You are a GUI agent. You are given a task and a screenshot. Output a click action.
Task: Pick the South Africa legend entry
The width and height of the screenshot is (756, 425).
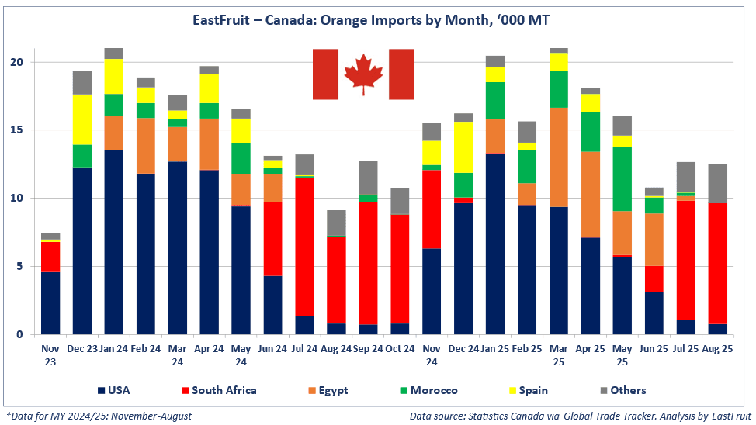(x=222, y=390)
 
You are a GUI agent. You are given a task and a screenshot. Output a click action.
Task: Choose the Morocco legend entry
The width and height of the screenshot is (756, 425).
(x=427, y=390)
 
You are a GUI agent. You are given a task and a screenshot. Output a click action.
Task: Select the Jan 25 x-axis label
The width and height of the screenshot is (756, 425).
(x=494, y=350)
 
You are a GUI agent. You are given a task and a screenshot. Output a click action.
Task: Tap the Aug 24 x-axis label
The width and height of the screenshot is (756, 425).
(x=336, y=350)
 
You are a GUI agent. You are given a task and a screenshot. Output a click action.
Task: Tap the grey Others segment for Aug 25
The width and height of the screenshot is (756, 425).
(x=717, y=183)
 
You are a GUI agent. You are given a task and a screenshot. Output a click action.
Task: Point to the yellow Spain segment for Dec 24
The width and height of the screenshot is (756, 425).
(x=463, y=147)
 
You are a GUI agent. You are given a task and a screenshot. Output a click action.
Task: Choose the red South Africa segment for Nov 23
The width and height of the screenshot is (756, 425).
(x=50, y=257)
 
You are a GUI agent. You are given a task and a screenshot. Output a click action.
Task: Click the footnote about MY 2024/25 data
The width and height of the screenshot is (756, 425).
(x=99, y=416)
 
